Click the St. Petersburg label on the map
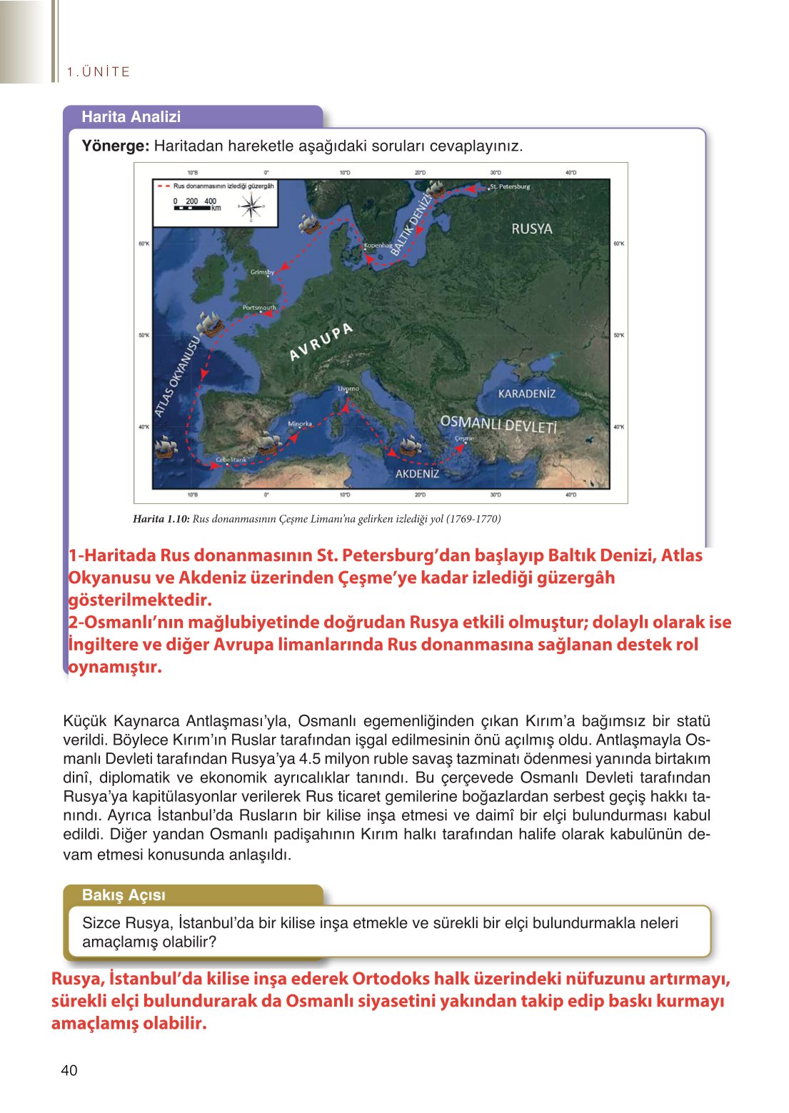point(510,187)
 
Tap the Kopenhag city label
point(378,245)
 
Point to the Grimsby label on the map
point(262,272)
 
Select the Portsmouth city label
point(258,308)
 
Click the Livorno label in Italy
point(348,389)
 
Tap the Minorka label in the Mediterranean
point(300,424)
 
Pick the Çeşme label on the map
point(464,438)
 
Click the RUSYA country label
point(531,228)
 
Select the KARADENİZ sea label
point(526,393)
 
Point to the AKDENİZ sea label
point(417,473)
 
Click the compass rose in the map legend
point(251,207)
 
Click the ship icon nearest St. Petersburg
point(435,188)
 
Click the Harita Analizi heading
point(131,117)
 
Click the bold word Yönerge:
point(115,146)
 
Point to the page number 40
point(69,1070)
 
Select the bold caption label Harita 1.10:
point(161,519)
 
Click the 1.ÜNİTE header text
point(99,72)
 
